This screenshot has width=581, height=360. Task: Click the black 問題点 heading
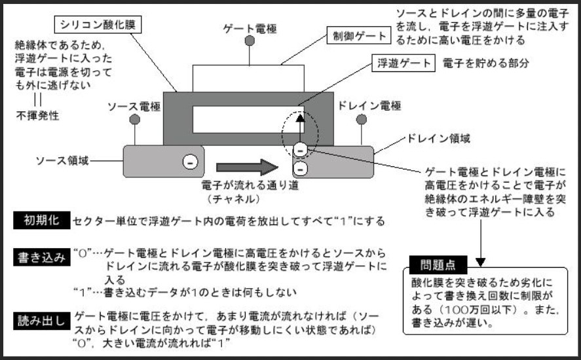tap(435, 266)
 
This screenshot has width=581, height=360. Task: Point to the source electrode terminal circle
tap(134, 120)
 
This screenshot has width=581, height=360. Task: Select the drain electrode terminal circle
tap(360, 120)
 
